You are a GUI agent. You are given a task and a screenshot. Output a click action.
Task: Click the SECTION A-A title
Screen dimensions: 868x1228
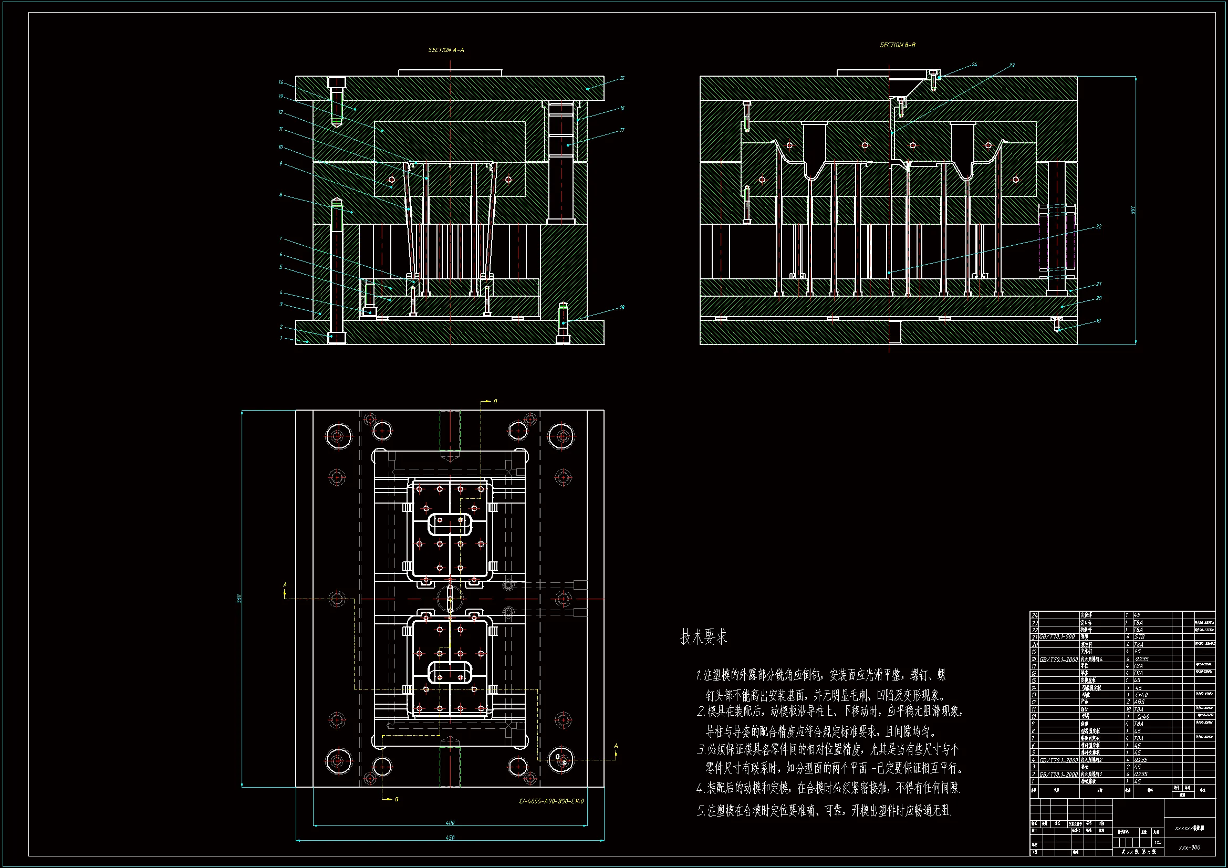pyautogui.click(x=446, y=50)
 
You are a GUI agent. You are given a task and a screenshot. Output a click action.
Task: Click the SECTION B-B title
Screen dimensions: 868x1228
pyautogui.click(x=898, y=46)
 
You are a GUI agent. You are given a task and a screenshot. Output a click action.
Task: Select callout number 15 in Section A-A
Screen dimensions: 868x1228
pyautogui.click(x=622, y=78)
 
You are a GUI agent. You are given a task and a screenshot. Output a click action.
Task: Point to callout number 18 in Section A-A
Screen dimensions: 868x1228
pyautogui.click(x=622, y=308)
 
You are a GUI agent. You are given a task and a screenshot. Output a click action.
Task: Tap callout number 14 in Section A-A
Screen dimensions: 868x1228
pyautogui.click(x=280, y=82)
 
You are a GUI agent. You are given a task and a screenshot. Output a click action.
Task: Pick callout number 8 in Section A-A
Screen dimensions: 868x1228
pyautogui.click(x=280, y=195)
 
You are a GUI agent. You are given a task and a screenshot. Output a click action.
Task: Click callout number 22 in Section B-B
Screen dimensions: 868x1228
pyautogui.click(x=1099, y=227)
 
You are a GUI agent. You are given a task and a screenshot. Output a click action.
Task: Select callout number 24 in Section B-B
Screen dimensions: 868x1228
pyautogui.click(x=974, y=65)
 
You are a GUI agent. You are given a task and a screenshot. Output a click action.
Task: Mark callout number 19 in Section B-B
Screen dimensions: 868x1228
pyautogui.click(x=1098, y=321)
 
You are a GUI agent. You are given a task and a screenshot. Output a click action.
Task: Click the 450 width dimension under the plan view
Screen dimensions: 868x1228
pyautogui.click(x=450, y=838)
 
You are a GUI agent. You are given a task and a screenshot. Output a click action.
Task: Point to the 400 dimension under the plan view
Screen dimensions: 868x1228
pyautogui.click(x=450, y=822)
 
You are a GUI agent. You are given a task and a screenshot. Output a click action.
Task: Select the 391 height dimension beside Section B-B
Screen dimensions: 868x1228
pyautogui.click(x=1132, y=210)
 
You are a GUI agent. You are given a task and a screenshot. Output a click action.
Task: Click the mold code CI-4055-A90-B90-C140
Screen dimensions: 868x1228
pyautogui.click(x=551, y=801)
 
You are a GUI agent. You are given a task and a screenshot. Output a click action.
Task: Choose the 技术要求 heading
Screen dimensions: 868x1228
pyautogui.click(x=703, y=637)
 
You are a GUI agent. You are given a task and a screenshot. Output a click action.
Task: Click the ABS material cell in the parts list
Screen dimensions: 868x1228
pyautogui.click(x=1139, y=702)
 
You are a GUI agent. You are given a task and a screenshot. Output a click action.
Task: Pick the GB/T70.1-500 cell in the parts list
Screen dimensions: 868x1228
pyautogui.click(x=1057, y=637)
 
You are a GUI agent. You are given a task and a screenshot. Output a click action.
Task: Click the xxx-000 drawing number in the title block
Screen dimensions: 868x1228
pyautogui.click(x=1190, y=847)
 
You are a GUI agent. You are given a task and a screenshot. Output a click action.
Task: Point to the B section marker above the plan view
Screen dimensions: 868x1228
pyautogui.click(x=495, y=401)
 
